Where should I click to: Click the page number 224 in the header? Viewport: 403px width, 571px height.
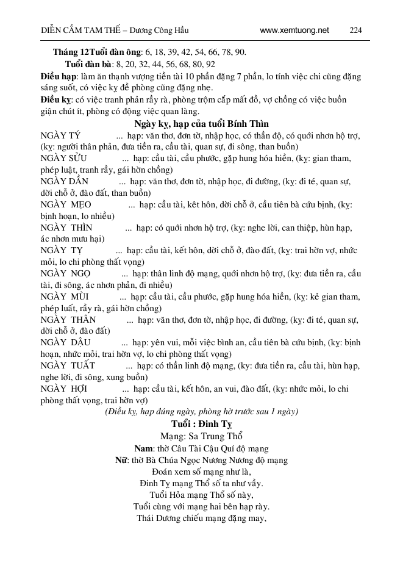pyautogui.click(x=355, y=30)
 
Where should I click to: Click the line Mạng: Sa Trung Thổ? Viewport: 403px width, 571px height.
pyautogui.click(x=201, y=436)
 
